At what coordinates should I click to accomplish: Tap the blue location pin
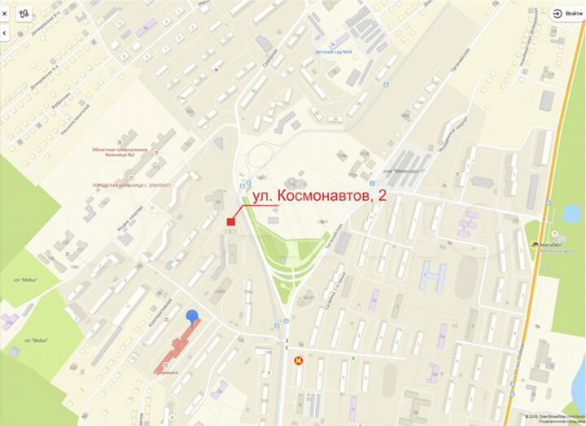click(192, 315)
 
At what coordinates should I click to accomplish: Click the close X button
click(7, 13)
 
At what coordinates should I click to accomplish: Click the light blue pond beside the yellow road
click(569, 213)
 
